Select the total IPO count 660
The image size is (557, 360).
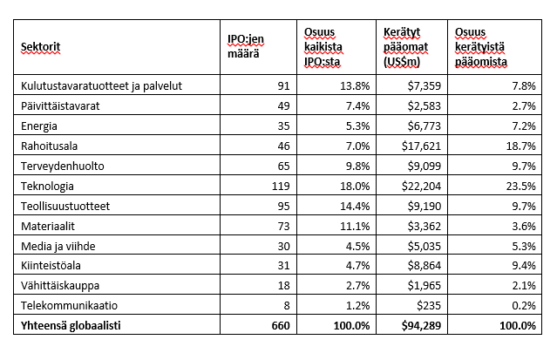276,325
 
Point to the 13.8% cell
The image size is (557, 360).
350,86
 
